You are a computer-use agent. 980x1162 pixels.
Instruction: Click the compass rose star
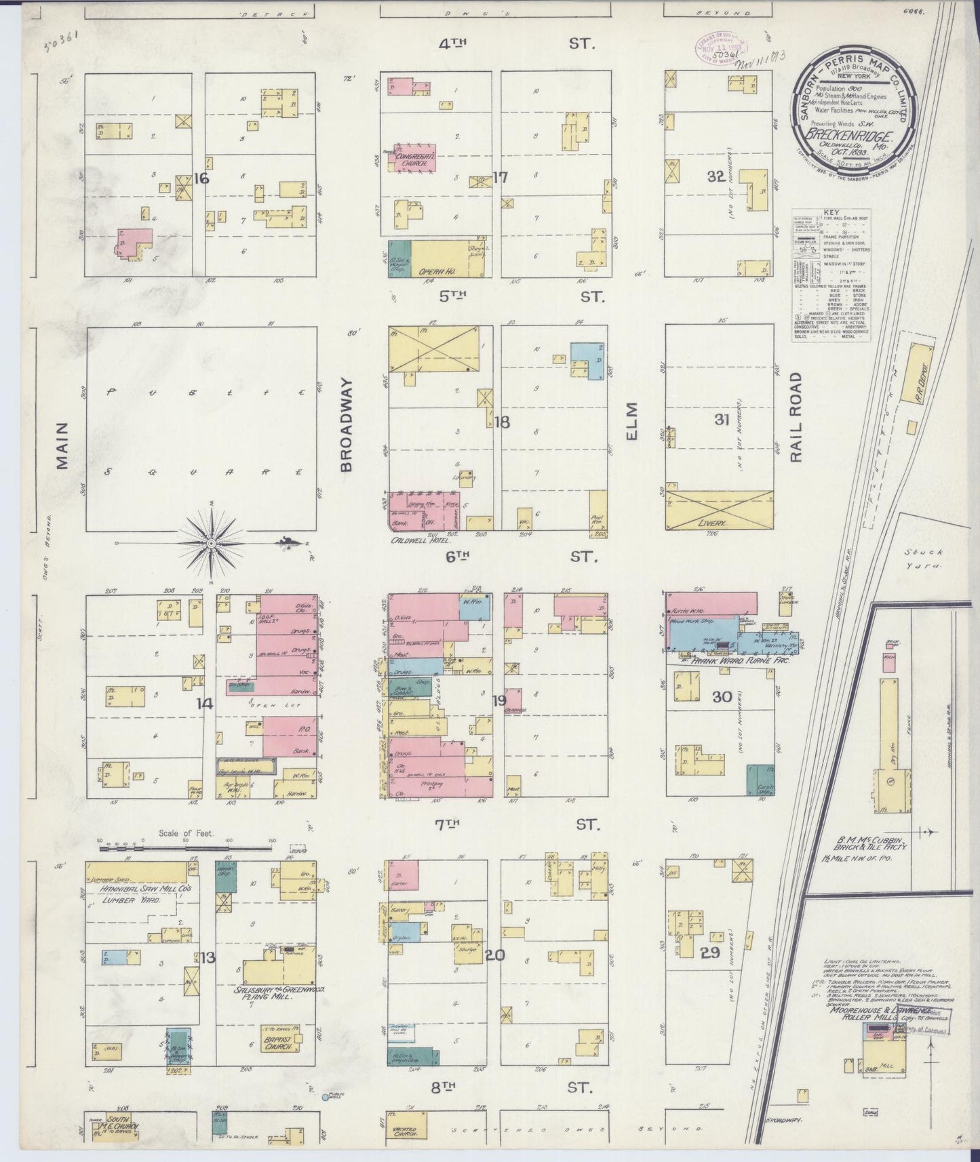[212, 543]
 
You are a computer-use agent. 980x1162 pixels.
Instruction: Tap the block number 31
[721, 420]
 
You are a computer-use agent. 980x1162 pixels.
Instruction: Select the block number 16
[201, 179]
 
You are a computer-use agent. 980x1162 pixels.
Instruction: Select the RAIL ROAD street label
[795, 416]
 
